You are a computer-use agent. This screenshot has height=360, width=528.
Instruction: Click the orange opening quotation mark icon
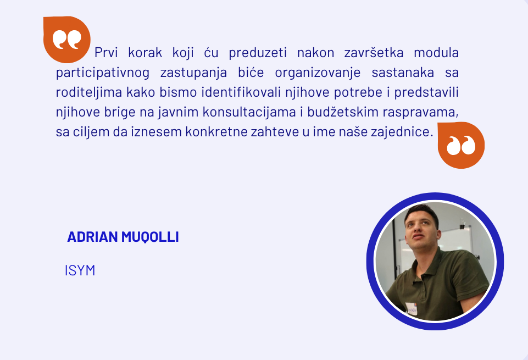click(x=66, y=40)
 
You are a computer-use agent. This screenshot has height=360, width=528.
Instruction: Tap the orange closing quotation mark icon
click(x=461, y=145)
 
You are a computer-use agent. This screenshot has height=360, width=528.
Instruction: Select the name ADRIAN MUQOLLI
click(x=123, y=237)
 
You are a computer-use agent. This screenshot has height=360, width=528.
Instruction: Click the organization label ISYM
click(x=80, y=270)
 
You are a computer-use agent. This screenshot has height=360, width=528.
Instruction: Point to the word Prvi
click(x=105, y=53)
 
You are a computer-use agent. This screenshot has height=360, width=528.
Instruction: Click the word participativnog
click(x=103, y=73)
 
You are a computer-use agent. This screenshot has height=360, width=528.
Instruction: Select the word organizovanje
click(x=318, y=73)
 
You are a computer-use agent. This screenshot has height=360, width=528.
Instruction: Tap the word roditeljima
click(x=89, y=92)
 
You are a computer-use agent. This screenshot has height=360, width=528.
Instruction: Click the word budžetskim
click(x=343, y=112)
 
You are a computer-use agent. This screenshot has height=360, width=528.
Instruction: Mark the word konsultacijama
click(x=249, y=112)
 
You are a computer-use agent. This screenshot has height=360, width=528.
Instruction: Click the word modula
click(x=436, y=53)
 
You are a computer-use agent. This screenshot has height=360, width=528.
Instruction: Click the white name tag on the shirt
click(x=411, y=308)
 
